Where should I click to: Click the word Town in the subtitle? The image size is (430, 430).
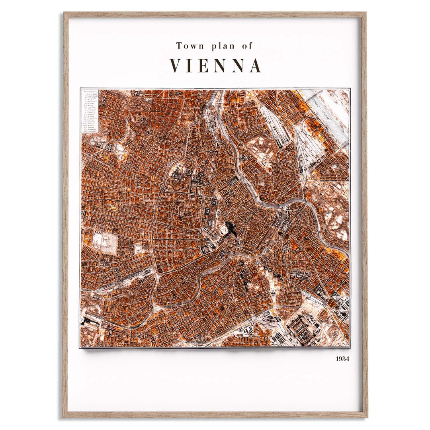(x=190, y=46)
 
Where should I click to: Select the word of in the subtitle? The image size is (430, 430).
(x=247, y=46)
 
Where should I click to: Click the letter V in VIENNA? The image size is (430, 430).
(x=177, y=66)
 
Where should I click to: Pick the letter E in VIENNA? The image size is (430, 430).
(x=202, y=66)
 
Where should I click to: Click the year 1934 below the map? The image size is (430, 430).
(x=342, y=359)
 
